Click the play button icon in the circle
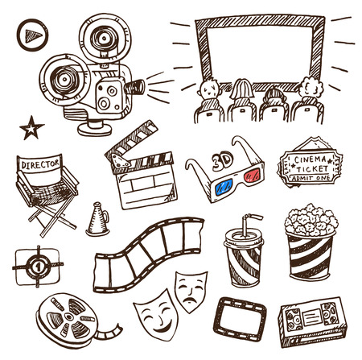click(x=32, y=35)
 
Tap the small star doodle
click(x=31, y=128)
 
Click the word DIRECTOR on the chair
click(x=40, y=164)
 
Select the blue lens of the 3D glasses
click(x=223, y=187)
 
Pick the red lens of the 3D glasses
click(x=252, y=175)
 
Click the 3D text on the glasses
click(x=222, y=161)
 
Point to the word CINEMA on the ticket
click(x=311, y=159)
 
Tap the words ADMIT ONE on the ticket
click(x=311, y=178)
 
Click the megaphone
click(x=97, y=220)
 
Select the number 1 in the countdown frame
click(x=38, y=267)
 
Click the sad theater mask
click(x=191, y=292)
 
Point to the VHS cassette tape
click(x=313, y=322)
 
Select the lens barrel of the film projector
click(x=135, y=87)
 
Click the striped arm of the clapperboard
click(x=132, y=141)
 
